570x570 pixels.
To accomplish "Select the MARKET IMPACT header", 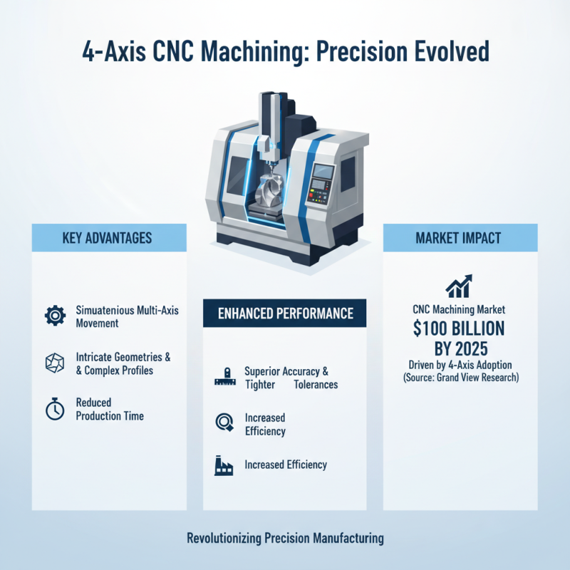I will pyautogui.click(x=460, y=237).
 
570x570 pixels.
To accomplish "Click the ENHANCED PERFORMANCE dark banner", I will pyautogui.click(x=285, y=313).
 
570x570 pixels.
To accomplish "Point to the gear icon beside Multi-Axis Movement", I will pyautogui.click(x=55, y=316).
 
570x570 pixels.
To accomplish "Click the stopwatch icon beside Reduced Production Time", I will pyautogui.click(x=55, y=409).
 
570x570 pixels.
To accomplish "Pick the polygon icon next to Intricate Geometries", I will pyautogui.click(x=55, y=363).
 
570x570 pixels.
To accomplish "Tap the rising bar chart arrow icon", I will pyautogui.click(x=460, y=285).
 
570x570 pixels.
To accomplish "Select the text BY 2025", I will pyautogui.click(x=460, y=348).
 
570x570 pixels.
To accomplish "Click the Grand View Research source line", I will pyautogui.click(x=460, y=376).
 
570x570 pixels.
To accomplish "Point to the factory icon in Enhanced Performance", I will pyautogui.click(x=224, y=466).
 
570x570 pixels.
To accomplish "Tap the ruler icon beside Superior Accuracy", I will pyautogui.click(x=224, y=378).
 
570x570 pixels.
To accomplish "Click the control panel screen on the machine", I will pyautogui.click(x=323, y=172).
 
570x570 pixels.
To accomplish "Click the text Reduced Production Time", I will pyautogui.click(x=109, y=409).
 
